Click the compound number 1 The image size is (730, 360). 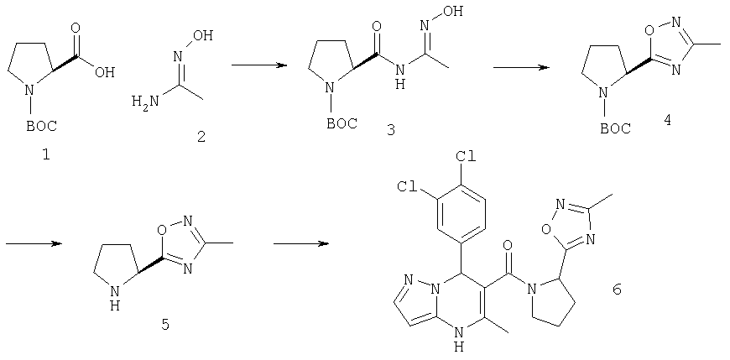[46, 155]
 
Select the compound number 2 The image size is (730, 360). [201, 138]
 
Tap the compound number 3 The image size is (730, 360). [390, 130]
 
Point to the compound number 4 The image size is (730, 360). [668, 120]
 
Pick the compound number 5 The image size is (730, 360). [165, 324]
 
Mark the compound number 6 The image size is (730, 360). [617, 290]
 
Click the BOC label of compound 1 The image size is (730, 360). [41, 125]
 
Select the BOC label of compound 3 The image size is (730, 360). [342, 123]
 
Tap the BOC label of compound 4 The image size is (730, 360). [616, 128]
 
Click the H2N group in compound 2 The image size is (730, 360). [144, 100]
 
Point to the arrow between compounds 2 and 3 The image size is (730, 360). [258, 65]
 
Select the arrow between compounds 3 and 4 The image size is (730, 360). [521, 67]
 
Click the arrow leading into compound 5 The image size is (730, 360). [34, 243]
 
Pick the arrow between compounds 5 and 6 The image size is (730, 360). [300, 243]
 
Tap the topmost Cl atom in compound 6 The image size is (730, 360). [466, 156]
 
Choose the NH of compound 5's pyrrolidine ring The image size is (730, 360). [117, 298]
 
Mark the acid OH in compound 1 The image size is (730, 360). [105, 73]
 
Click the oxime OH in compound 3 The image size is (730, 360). [453, 12]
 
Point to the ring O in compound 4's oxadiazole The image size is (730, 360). [648, 31]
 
